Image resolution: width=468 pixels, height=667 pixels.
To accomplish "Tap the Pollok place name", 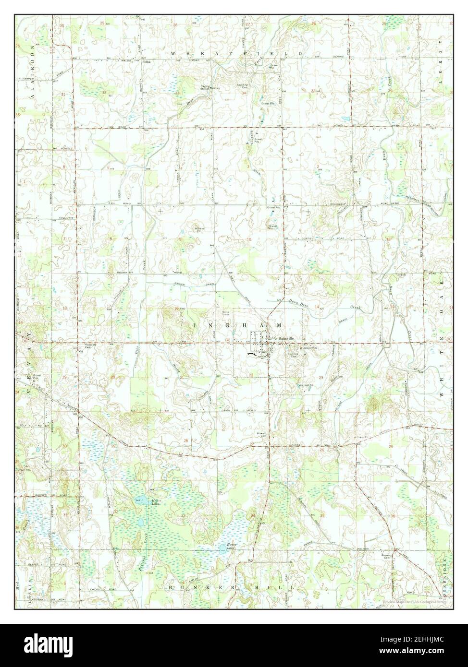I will [x=146, y=62].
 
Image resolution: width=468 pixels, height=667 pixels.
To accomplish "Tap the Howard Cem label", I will [x=262, y=435].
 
